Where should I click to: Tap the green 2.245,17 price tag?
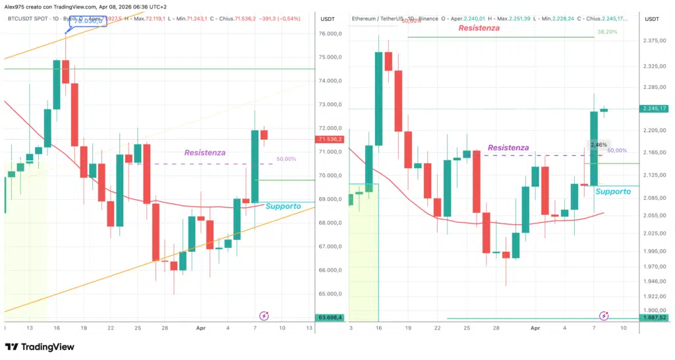[x=654, y=109]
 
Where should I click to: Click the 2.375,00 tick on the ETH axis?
[x=654, y=41]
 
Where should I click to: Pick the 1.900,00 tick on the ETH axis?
[x=654, y=311]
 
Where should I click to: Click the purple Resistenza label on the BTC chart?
[x=204, y=152]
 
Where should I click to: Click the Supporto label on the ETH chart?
[x=613, y=191]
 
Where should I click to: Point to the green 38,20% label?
[x=607, y=32]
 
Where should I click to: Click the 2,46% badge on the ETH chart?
[x=599, y=144]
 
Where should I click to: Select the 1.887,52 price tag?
[x=654, y=317]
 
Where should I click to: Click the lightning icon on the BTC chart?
[x=264, y=316]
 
